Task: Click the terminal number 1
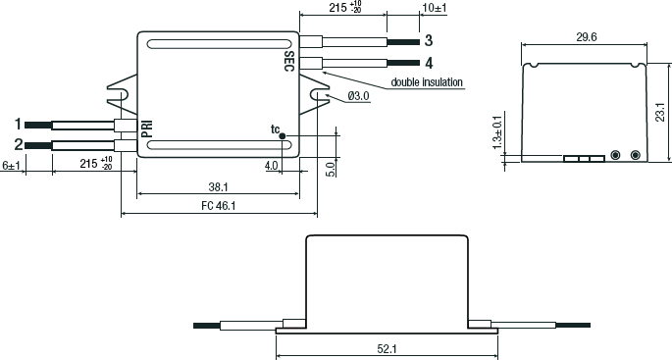[18, 125]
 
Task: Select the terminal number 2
[18, 144]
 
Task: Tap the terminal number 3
[429, 41]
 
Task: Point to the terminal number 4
[429, 64]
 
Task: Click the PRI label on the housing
[147, 129]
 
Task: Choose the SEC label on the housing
[289, 61]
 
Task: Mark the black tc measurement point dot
[282, 135]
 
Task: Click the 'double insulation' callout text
[427, 81]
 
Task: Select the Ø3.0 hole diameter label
[358, 96]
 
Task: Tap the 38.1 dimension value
[218, 186]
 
